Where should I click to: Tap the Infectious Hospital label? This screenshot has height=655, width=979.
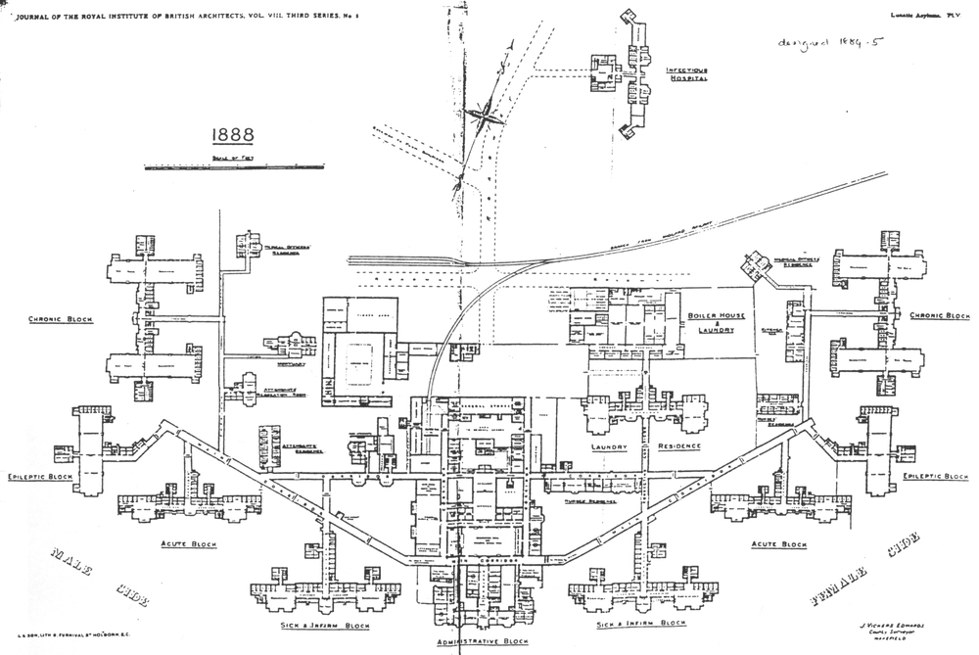click(687, 74)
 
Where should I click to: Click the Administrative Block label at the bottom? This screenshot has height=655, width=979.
click(484, 640)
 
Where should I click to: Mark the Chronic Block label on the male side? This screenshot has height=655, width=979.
click(61, 320)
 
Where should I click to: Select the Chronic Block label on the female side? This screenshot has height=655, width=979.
click(939, 315)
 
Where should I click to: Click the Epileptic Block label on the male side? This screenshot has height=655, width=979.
click(39, 477)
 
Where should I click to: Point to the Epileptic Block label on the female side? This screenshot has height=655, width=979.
click(936, 476)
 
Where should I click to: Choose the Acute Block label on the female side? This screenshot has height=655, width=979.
click(778, 543)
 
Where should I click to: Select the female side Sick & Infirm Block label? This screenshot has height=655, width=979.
click(641, 623)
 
